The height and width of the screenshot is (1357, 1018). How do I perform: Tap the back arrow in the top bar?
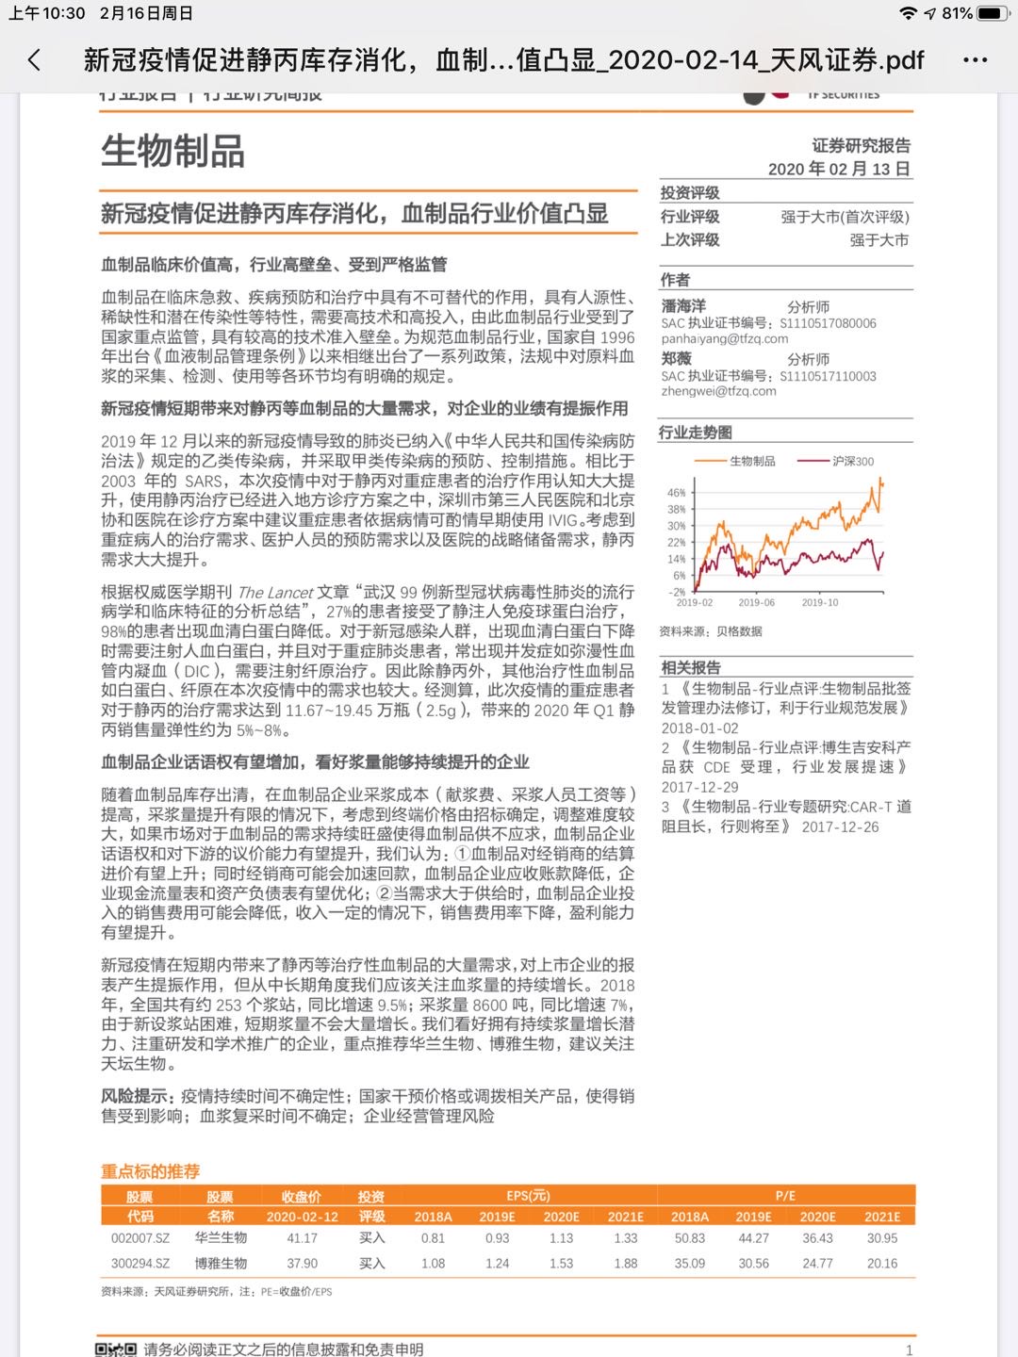click(x=34, y=60)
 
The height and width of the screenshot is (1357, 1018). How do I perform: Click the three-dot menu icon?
click(x=975, y=60)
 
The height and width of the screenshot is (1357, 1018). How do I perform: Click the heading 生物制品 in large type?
click(x=173, y=151)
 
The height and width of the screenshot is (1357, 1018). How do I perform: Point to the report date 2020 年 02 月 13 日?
click(x=839, y=169)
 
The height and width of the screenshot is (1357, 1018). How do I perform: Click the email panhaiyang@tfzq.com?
click(x=724, y=338)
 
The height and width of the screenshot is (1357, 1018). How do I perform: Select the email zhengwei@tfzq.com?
click(x=718, y=391)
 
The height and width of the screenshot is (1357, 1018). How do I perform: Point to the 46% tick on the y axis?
click(x=676, y=493)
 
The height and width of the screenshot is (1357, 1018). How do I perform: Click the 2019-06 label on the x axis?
click(x=756, y=602)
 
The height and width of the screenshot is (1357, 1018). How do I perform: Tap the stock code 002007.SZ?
click(x=140, y=1238)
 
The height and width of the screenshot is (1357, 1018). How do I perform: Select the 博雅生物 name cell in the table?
click(x=221, y=1263)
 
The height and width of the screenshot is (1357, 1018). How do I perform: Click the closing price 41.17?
click(x=302, y=1238)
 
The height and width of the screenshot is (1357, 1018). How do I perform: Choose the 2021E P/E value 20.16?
click(x=882, y=1263)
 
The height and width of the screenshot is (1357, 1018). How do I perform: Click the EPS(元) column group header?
click(x=528, y=1195)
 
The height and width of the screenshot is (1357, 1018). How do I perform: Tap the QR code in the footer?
click(x=116, y=1349)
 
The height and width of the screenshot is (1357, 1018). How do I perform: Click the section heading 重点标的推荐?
click(x=151, y=1171)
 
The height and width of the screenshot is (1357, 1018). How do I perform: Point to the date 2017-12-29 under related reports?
click(x=699, y=787)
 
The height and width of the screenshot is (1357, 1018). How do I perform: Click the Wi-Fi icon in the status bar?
click(x=908, y=13)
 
